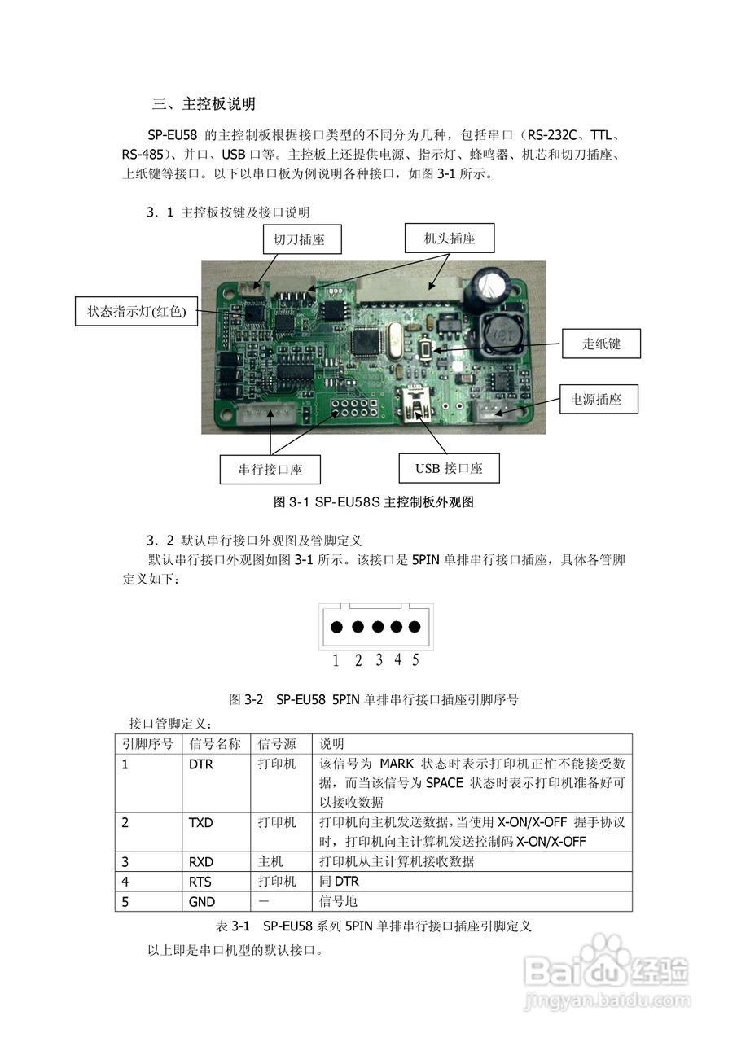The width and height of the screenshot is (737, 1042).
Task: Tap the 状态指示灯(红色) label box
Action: point(137,311)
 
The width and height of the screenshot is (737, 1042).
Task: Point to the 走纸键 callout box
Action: point(601,344)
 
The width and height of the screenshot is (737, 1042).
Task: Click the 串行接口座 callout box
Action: point(270,470)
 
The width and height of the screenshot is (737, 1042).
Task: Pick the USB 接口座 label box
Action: point(449,468)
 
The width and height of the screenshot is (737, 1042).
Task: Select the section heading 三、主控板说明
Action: point(204,104)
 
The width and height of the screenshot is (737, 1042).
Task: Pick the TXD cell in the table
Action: point(200,822)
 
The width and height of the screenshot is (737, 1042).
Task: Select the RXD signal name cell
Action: point(200,861)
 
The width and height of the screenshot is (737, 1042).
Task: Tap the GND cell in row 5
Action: point(200,901)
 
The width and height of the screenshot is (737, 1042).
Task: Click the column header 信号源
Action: point(276,744)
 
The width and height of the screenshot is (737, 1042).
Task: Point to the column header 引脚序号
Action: point(147,744)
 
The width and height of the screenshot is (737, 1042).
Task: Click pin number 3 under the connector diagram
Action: point(379,660)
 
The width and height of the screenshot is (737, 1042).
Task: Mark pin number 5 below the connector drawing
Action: point(415,660)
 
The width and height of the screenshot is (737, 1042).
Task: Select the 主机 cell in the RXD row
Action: point(270,861)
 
